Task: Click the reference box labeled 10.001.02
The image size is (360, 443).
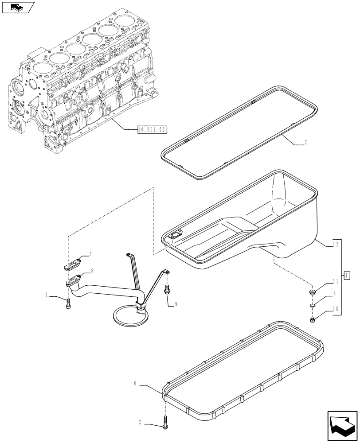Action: [x=152, y=130]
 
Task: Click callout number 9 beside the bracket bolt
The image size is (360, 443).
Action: [x=176, y=304]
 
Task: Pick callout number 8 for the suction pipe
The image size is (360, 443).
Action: [x=92, y=271]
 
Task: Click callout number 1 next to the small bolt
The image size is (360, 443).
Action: [x=47, y=295]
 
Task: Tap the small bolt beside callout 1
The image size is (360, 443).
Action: [x=68, y=304]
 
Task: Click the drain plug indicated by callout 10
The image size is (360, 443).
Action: [x=313, y=319]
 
